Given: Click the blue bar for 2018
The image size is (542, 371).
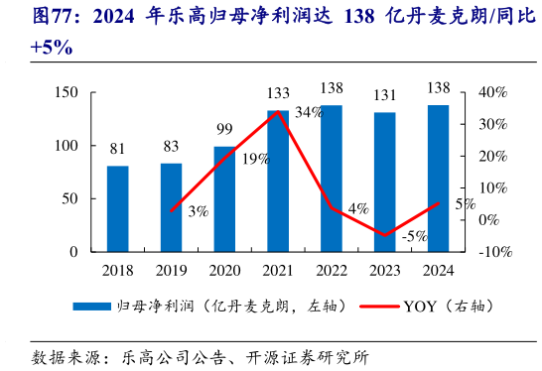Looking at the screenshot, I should coord(117,208).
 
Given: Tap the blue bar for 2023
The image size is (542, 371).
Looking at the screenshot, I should coord(384,183).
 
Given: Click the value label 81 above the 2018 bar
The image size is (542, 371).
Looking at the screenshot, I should coord(117,150).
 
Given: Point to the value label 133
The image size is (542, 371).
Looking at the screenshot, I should coord(278,93).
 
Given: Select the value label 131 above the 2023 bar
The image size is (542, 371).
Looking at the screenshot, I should coord(384,95).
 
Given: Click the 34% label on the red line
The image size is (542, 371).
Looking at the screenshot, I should coord(309,113).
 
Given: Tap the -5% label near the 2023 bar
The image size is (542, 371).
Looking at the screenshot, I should coord(414,236).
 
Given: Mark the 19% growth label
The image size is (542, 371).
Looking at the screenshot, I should coord(255,159).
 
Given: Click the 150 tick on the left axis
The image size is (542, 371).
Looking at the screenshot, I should coord(66,92).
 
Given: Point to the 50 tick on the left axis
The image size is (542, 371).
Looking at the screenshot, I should coord(69,198).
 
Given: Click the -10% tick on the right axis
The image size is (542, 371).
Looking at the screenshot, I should coord(494,252).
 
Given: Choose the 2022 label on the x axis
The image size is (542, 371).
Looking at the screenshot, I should coord(332,270).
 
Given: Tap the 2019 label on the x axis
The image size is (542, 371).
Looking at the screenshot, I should coord(171,270).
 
